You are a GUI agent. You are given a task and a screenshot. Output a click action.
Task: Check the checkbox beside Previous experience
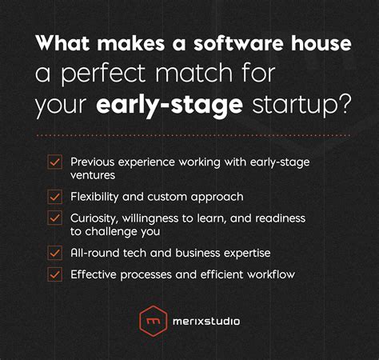55,162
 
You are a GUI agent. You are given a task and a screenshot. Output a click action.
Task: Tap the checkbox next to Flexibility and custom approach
55,195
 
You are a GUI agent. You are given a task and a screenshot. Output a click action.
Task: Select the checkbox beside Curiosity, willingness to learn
55,218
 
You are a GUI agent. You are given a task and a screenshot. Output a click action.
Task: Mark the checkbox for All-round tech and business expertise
55,252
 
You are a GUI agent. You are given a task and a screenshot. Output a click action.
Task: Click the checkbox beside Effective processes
55,274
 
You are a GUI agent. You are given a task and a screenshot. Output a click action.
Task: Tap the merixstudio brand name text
205,322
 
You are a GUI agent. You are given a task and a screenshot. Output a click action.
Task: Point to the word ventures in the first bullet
93,174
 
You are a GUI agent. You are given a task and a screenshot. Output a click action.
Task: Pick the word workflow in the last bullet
268,274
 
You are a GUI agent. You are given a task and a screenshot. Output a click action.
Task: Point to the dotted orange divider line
189,136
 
